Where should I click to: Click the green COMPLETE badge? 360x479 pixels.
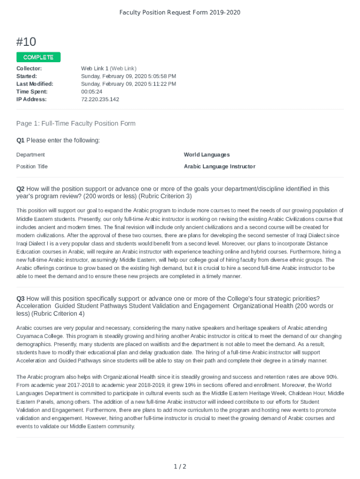point(38,57)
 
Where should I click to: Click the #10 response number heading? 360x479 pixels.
point(26,42)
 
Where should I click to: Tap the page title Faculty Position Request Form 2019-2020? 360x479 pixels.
point(180,12)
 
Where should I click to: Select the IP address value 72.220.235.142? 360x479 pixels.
point(100,99)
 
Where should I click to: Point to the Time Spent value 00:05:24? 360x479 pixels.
point(92,92)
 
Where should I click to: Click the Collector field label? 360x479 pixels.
point(29,68)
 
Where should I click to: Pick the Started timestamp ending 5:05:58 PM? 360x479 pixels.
point(129,76)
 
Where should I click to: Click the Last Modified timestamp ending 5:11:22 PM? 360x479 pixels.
point(129,84)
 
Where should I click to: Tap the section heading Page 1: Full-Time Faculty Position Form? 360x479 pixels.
point(76,123)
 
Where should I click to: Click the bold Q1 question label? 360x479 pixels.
point(20,140)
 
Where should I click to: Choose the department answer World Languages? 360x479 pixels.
point(207,155)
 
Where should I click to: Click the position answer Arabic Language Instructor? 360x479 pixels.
point(219,167)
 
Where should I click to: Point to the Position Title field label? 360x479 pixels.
point(32,167)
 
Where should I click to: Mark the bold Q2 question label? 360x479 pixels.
point(20,189)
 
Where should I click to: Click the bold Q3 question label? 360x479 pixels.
point(20,298)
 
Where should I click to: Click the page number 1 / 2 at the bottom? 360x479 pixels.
point(180,466)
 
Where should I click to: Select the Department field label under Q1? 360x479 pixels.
point(30,155)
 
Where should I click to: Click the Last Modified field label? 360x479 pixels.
point(35,84)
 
